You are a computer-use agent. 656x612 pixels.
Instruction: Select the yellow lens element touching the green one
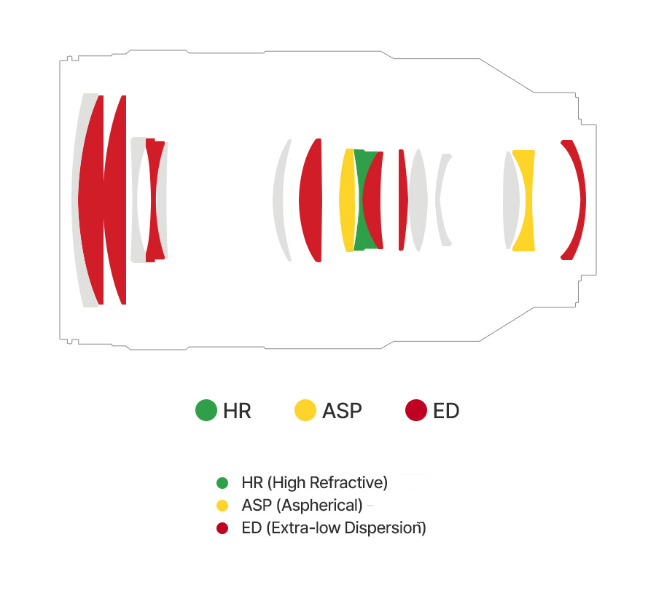point(347,200)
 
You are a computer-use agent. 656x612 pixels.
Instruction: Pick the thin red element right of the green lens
point(402,200)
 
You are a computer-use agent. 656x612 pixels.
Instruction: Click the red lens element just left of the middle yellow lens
point(311,200)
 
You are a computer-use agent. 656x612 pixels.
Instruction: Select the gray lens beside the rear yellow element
point(510,200)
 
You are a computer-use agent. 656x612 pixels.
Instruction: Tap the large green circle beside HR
point(206,410)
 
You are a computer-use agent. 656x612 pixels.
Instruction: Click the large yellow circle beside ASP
point(305,410)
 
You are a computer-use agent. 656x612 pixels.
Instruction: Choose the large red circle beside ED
point(416,410)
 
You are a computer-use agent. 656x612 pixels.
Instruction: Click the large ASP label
point(342,411)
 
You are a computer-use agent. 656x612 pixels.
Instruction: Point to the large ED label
point(446,411)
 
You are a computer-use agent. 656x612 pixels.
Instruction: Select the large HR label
point(237,411)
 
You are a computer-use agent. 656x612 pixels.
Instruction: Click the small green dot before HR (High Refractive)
point(222,483)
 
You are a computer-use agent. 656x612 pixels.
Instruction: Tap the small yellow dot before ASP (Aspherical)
point(222,506)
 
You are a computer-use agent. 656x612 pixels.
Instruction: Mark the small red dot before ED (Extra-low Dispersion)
point(222,528)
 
